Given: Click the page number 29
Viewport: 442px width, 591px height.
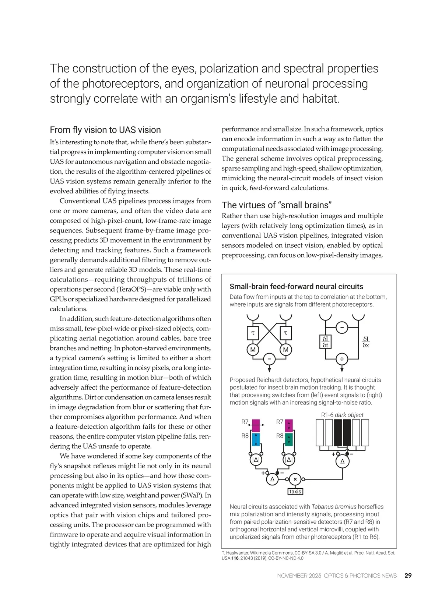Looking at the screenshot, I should (x=408, y=576).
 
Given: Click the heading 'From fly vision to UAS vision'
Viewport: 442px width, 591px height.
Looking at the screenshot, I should (x=105, y=130).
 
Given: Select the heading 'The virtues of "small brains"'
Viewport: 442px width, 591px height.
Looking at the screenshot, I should (x=277, y=205).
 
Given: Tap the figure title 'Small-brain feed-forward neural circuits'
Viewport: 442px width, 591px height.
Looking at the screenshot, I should (x=296, y=286).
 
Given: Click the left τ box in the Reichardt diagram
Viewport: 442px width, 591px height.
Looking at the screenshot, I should (x=253, y=333).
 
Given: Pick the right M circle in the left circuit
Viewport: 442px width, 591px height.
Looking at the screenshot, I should (x=285, y=350).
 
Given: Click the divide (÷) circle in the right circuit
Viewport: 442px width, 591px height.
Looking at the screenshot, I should (x=342, y=359).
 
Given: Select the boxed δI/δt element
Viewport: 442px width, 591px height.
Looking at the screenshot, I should (x=325, y=342).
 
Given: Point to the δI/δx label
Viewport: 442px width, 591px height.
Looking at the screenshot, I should (x=365, y=342).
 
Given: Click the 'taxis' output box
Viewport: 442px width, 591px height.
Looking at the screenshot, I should (x=295, y=491).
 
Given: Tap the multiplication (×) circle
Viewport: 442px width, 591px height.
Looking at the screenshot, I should (x=295, y=479).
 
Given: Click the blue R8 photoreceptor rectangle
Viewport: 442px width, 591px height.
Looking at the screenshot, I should (x=256, y=439).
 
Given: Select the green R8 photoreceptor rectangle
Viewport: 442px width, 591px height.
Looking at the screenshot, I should (x=289, y=439).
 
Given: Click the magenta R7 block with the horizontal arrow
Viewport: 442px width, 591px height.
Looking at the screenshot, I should (x=256, y=425).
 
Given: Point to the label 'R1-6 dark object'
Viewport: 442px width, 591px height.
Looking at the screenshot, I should (x=342, y=415).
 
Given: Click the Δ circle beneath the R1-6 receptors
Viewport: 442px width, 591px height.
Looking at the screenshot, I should (x=342, y=461).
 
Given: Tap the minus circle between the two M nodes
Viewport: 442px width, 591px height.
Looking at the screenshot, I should (x=269, y=359).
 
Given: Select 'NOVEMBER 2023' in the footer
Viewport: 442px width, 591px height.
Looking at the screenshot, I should (x=299, y=576).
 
